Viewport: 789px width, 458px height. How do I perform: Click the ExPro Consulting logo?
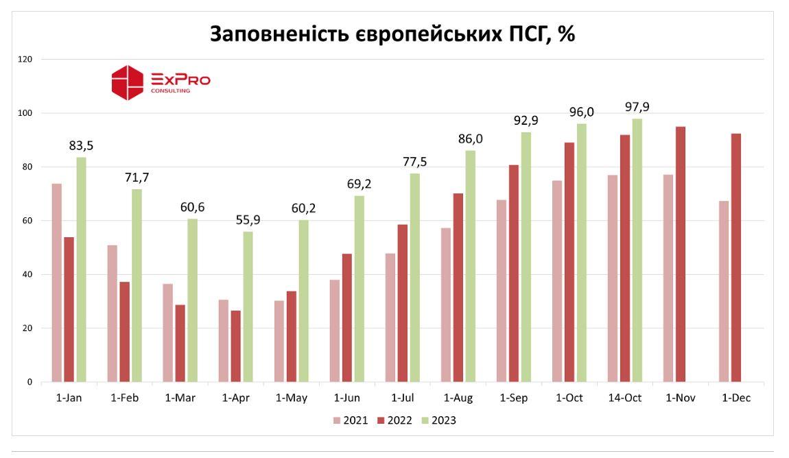click(161, 82)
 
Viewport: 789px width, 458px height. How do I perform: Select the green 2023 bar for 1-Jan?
click(81, 269)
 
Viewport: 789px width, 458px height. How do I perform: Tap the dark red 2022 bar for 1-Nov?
click(681, 254)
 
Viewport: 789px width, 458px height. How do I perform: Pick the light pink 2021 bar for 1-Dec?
click(724, 291)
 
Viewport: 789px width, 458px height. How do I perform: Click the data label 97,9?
click(637, 108)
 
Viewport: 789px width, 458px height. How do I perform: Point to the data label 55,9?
click(248, 220)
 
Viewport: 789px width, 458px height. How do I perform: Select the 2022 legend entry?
click(394, 420)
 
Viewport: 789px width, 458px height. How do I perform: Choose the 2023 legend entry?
click(438, 420)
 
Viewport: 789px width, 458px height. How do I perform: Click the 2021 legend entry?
click(351, 420)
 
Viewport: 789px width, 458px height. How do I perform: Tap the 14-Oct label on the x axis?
click(624, 398)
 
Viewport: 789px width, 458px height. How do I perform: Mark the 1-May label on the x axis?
click(292, 398)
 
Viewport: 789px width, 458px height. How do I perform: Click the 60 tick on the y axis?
click(27, 221)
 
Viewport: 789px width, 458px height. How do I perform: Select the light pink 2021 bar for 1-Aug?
click(446, 305)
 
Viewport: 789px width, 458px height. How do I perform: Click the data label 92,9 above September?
click(526, 121)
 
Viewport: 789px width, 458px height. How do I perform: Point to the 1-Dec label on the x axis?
click(736, 398)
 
